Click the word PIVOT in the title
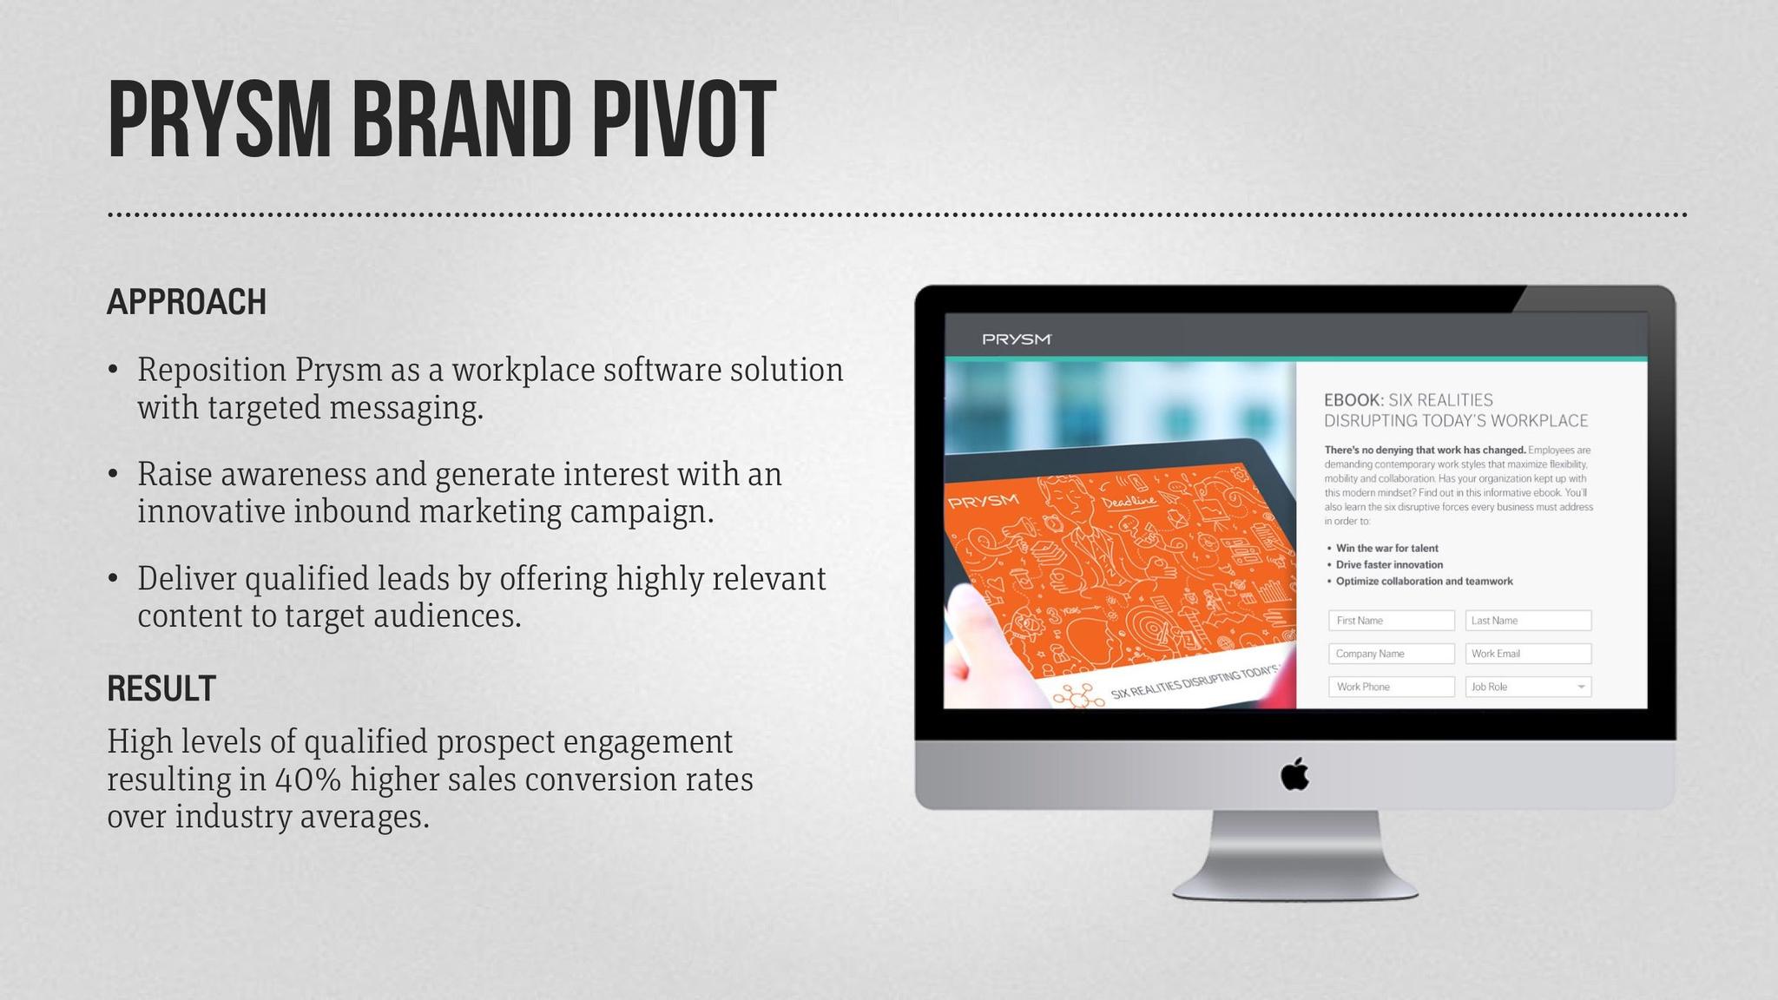(683, 120)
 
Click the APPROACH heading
(187, 302)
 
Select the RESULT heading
(161, 688)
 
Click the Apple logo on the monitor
(1294, 773)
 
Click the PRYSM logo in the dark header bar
(1017, 339)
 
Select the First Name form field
(1391, 621)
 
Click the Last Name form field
(1528, 621)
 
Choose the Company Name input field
(1391, 654)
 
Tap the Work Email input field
(1528, 654)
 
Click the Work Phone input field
(1391, 687)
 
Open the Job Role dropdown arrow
(1581, 687)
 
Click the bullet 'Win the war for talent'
(1386, 548)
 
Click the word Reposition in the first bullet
(212, 371)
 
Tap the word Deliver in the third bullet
(187, 578)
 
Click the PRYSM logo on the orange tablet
(983, 502)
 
